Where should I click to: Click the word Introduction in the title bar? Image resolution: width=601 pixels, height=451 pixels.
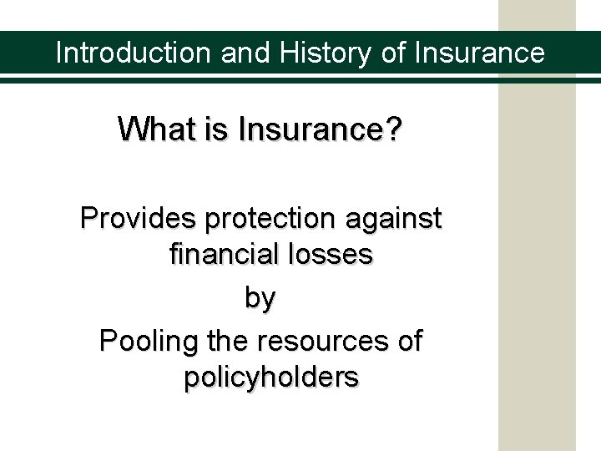134,53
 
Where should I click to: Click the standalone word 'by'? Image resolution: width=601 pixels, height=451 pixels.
260,299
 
